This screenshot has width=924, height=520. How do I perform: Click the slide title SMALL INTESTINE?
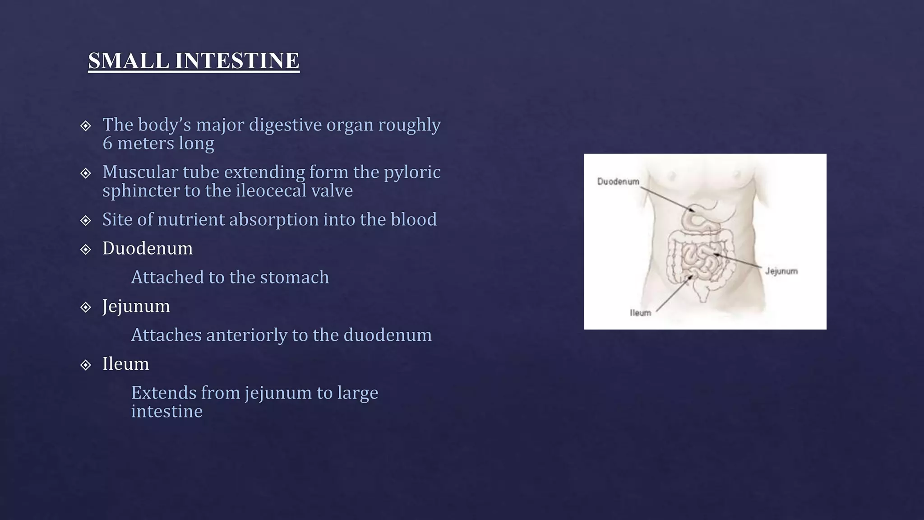194,60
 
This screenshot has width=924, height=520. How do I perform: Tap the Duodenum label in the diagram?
618,181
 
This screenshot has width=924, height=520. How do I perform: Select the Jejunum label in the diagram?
781,271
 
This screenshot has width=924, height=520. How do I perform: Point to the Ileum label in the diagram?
640,312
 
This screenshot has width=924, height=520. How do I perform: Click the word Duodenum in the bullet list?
148,248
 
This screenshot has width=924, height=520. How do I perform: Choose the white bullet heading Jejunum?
136,306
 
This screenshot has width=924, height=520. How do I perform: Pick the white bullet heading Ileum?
125,364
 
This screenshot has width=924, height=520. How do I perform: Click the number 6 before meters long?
107,144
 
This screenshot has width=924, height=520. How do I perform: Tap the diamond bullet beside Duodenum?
86,249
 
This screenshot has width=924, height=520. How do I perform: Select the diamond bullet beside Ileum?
86,365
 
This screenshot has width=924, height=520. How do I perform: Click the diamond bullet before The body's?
86,125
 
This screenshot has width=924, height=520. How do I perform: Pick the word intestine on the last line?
166,411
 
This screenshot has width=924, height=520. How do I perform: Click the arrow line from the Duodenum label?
667,199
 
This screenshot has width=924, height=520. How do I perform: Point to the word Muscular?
138,172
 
